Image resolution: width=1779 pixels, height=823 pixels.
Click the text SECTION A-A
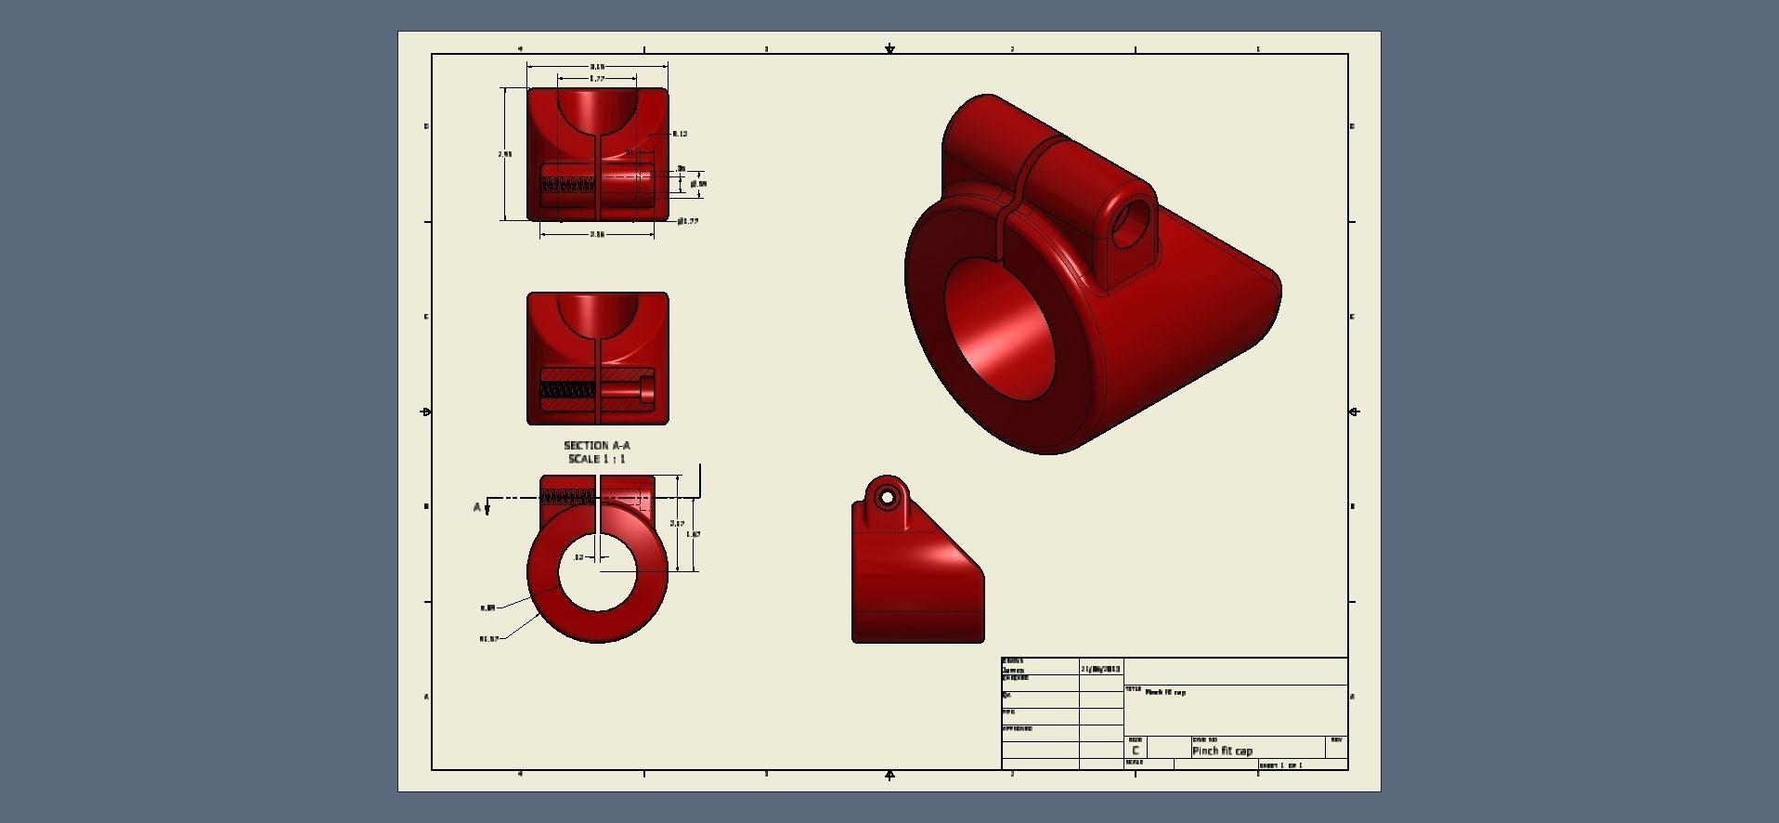(596, 446)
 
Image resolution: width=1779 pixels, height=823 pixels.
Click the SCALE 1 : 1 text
(596, 459)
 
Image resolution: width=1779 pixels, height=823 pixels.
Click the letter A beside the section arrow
(477, 507)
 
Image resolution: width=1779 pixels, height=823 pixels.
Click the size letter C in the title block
(1135, 751)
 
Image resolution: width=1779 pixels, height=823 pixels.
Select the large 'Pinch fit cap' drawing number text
(1222, 751)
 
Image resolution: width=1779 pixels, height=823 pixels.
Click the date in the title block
(1100, 669)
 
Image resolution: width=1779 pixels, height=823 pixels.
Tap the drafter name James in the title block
(1013, 670)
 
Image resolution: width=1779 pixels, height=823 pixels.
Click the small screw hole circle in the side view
(887, 499)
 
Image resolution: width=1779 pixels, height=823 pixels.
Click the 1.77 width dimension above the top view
(597, 80)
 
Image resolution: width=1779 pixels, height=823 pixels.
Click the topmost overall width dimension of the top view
(597, 67)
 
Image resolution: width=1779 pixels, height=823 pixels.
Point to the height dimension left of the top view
(504, 154)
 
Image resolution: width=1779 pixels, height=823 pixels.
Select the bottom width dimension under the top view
(597, 235)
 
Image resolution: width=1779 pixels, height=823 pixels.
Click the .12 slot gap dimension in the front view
(578, 557)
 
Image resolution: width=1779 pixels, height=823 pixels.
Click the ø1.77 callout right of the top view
(688, 221)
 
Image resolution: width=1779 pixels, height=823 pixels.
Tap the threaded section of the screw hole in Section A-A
(567, 391)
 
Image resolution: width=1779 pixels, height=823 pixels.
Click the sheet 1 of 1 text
(1281, 765)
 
